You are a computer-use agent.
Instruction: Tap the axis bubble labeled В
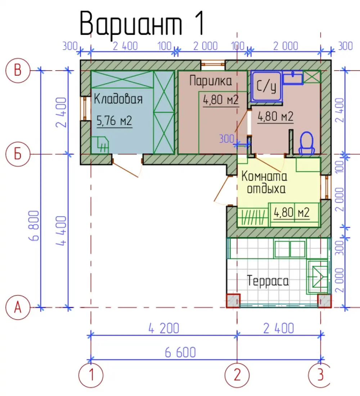click(x=18, y=71)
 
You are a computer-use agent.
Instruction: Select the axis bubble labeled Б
click(x=18, y=154)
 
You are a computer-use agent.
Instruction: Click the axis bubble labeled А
click(x=18, y=307)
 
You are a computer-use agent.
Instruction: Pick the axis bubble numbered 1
click(x=91, y=375)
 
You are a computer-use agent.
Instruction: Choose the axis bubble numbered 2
click(x=237, y=375)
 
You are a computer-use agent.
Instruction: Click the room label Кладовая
click(x=118, y=99)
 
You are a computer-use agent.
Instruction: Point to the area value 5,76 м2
click(x=114, y=121)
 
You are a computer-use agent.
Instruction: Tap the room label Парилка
click(x=211, y=81)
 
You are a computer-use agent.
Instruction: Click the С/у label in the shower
click(x=266, y=86)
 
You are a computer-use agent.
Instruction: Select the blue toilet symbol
click(x=306, y=143)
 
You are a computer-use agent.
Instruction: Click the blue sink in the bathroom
click(x=293, y=77)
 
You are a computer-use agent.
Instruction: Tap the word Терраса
click(x=268, y=281)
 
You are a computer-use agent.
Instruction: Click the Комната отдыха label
click(x=265, y=182)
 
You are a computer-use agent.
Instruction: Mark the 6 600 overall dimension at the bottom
click(x=180, y=352)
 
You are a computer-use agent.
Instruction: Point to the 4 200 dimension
click(x=164, y=328)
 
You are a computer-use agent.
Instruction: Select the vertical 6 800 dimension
click(x=35, y=226)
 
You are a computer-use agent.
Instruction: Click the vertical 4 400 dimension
click(x=61, y=231)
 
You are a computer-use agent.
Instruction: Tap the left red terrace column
click(x=233, y=301)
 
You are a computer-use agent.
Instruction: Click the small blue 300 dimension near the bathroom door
click(x=226, y=139)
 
